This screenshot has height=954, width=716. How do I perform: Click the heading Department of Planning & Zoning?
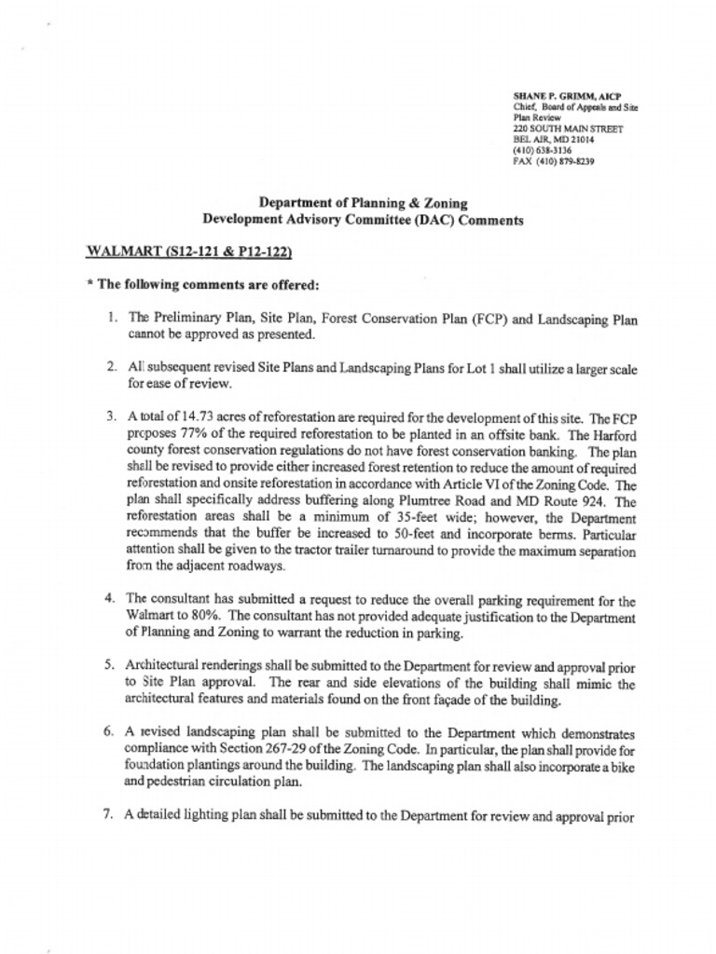pyautogui.click(x=363, y=202)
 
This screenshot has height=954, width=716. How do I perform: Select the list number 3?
pyautogui.click(x=111, y=413)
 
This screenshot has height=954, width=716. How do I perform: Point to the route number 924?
pyautogui.click(x=589, y=501)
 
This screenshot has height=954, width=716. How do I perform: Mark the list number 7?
pyautogui.click(x=111, y=815)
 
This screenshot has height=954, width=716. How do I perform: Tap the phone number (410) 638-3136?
pyautogui.click(x=543, y=150)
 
